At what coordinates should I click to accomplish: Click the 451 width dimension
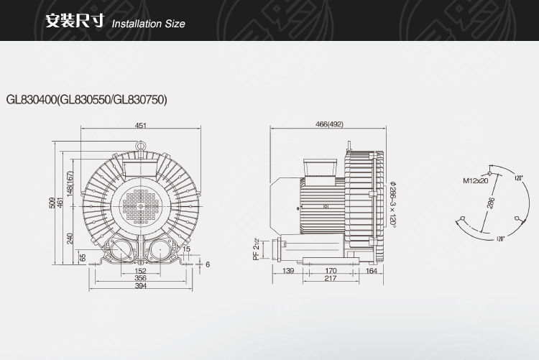click(141, 126)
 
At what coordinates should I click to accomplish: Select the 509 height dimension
click(52, 203)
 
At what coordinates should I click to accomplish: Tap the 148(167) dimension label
click(70, 184)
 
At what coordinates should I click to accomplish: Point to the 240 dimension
click(70, 239)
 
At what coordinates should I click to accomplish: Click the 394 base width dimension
click(141, 286)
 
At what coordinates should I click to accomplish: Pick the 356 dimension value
click(141, 278)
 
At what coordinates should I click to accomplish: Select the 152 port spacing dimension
click(141, 271)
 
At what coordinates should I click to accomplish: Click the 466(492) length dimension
click(329, 124)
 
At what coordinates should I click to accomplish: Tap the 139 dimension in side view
click(288, 271)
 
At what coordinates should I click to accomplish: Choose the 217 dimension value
click(331, 278)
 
